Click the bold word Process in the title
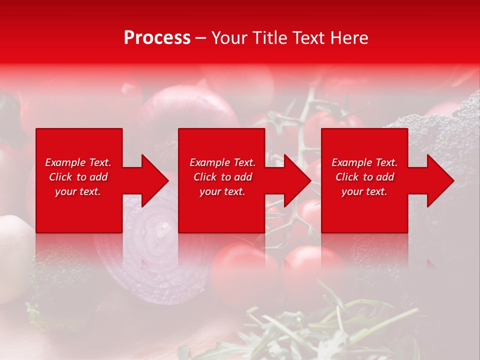pos(157,38)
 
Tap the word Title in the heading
pos(268,38)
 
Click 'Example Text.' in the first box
pos(78,162)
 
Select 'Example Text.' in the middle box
pos(222,162)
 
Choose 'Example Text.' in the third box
pos(364,162)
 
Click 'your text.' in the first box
pos(78,191)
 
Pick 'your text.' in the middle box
pos(222,191)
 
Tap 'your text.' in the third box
pos(364,191)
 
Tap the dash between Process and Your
pos(200,38)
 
